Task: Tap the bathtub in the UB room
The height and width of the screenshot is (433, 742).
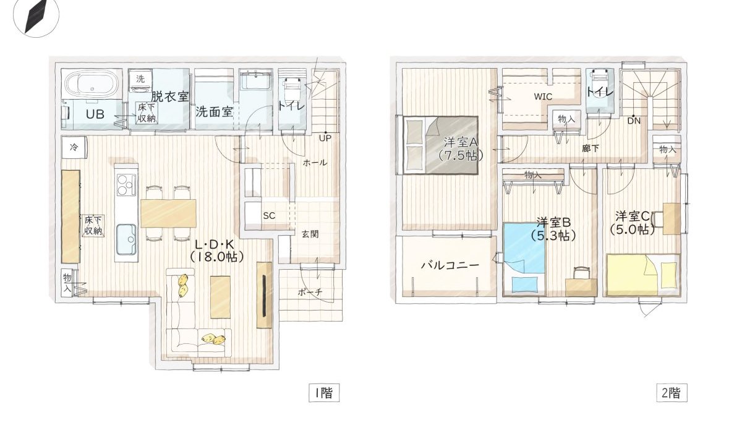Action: (90, 82)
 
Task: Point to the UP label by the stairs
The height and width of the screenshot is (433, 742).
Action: (325, 138)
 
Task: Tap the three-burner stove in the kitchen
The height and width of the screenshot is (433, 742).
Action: (126, 184)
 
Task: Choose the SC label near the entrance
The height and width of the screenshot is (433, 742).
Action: (268, 216)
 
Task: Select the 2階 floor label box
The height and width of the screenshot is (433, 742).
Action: (672, 392)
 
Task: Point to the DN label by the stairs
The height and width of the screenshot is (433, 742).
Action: (634, 121)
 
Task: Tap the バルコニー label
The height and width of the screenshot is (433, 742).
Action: (450, 265)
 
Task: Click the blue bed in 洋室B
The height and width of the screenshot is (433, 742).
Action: (523, 247)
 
